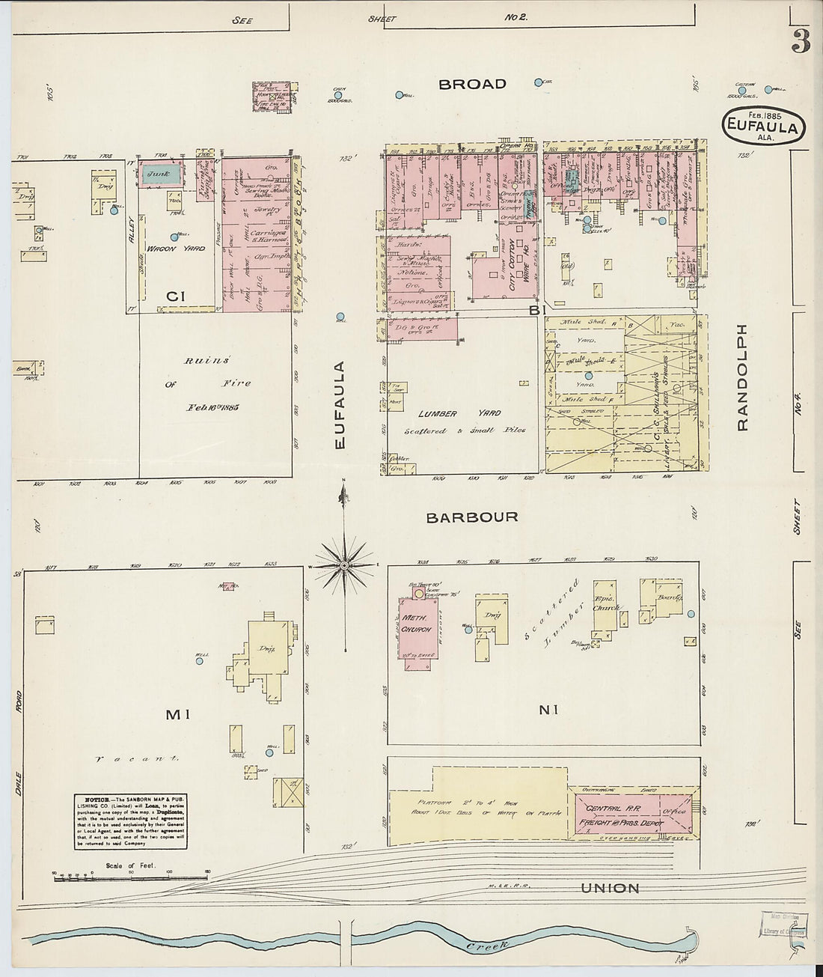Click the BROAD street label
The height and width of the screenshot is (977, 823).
472,84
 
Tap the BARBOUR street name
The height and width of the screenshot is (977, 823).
471,517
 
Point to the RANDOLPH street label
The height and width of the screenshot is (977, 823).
742,377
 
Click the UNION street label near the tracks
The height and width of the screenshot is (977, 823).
611,889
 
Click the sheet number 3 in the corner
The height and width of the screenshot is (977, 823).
801,43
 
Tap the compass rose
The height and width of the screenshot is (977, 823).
343,562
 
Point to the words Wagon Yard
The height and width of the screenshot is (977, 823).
175,249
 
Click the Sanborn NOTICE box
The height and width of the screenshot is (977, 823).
130,821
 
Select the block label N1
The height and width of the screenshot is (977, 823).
549,709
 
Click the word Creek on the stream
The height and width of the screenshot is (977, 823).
487,946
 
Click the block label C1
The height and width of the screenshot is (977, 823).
176,296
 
